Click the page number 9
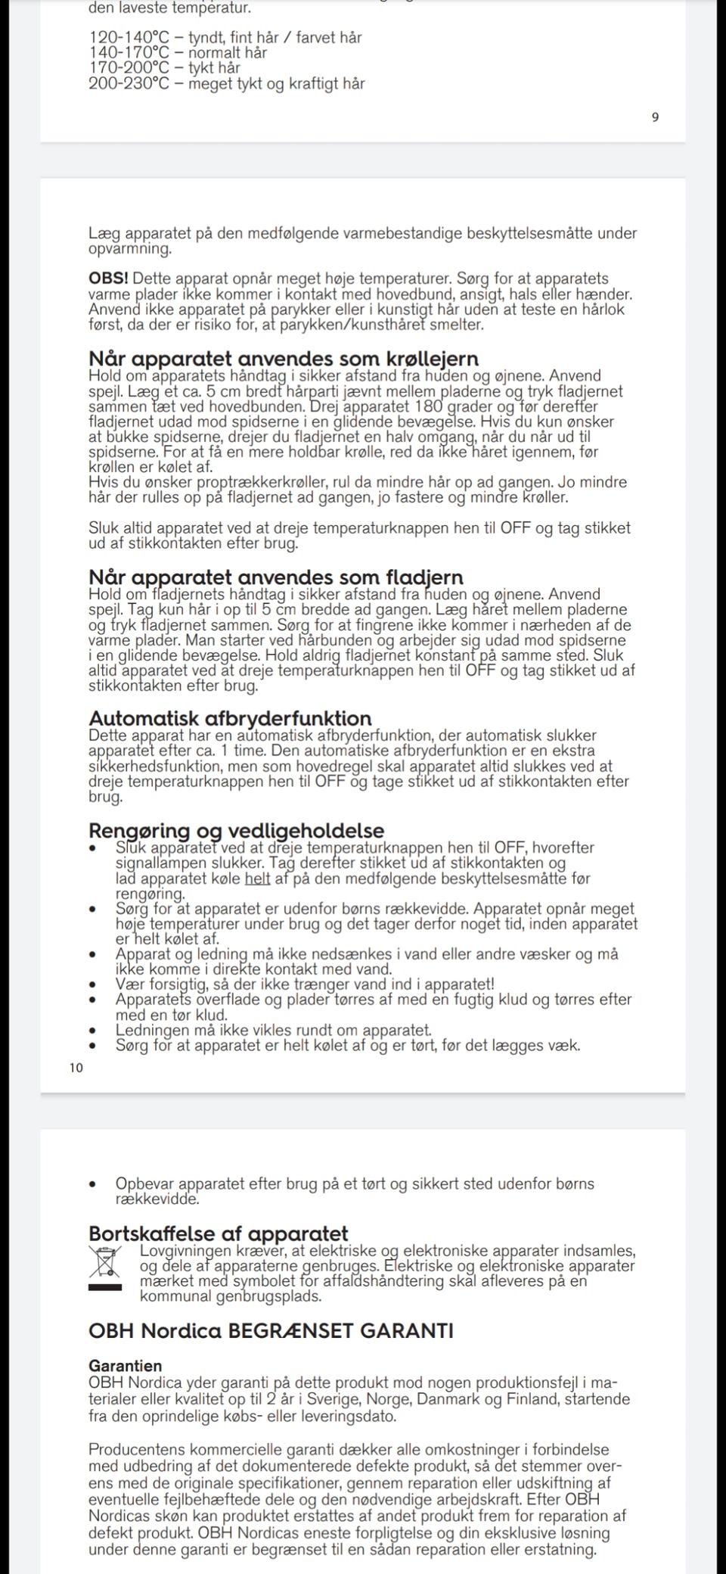tap(655, 117)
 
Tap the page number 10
tap(76, 1068)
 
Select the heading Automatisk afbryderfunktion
tap(230, 718)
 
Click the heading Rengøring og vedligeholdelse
tap(236, 831)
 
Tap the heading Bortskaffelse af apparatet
tap(219, 1234)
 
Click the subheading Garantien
tap(125, 1366)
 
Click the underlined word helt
tap(257, 879)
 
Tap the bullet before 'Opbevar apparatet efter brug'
tap(93, 1184)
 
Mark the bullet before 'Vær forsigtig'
tap(93, 985)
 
